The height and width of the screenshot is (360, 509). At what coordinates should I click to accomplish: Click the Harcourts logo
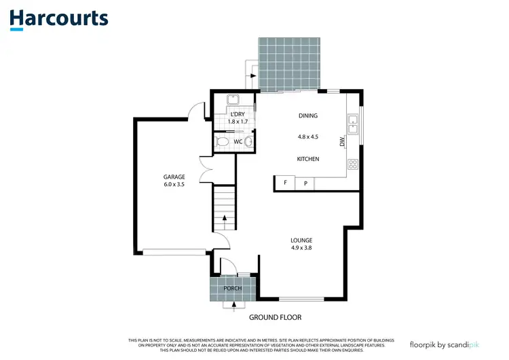[x=58, y=18]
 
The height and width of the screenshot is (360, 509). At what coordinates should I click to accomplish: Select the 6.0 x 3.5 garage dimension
[x=174, y=184]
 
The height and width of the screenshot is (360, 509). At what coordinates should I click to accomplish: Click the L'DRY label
[x=238, y=113]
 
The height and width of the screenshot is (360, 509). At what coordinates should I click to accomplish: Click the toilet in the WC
[x=222, y=142]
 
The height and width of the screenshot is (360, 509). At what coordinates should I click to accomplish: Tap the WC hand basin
[x=249, y=142]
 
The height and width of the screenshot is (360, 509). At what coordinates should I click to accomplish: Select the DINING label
[x=307, y=116]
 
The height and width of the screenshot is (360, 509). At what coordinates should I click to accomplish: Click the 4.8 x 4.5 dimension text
[x=307, y=136]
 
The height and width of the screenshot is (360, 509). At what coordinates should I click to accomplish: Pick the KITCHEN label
[x=307, y=159]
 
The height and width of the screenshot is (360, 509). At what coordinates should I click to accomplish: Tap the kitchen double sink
[x=353, y=124]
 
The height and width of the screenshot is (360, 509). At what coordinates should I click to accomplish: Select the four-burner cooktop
[x=353, y=164]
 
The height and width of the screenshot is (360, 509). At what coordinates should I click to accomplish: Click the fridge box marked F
[x=284, y=183]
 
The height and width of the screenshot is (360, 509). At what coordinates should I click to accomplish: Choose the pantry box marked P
[x=305, y=183]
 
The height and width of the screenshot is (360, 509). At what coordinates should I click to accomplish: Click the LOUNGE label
[x=301, y=240]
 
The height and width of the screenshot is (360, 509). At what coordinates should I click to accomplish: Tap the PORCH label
[x=233, y=289]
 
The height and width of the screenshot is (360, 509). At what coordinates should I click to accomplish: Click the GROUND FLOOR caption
[x=275, y=317]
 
